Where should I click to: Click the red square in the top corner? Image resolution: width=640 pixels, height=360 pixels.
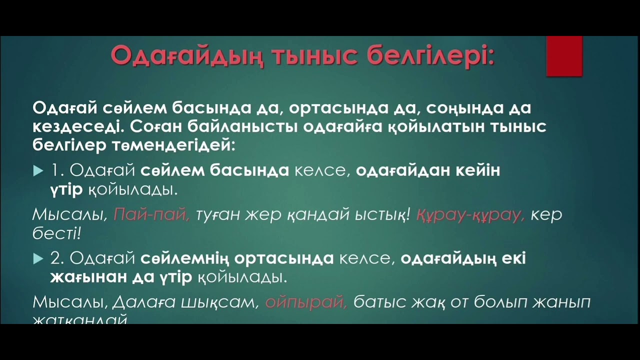[x=564, y=55]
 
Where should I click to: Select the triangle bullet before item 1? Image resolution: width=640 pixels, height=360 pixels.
[x=38, y=171]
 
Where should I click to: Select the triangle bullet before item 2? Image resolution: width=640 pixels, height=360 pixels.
[x=38, y=259]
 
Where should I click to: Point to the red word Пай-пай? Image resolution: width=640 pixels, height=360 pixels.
[x=151, y=214]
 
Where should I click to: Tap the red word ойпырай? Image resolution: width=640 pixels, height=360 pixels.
[x=306, y=302]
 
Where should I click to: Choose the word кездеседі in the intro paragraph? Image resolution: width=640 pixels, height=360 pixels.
[x=75, y=126]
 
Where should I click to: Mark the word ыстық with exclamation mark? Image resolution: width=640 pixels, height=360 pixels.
[x=382, y=214]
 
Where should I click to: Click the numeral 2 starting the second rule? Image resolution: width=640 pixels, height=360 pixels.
[x=55, y=258]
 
